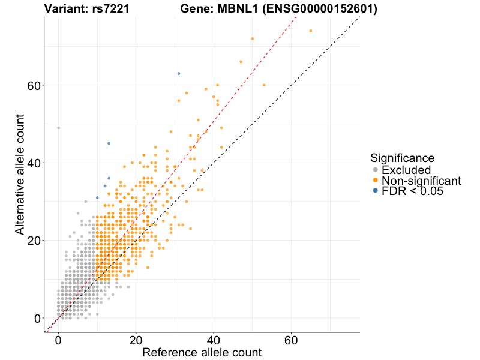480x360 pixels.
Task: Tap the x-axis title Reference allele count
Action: click(202, 352)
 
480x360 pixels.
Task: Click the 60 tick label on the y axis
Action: click(34, 85)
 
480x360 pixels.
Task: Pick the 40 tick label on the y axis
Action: click(34, 163)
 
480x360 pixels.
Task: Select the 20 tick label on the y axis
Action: click(34, 241)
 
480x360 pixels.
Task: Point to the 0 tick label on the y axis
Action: click(37, 318)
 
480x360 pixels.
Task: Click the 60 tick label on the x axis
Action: click(292, 339)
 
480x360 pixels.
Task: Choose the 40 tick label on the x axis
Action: click(214, 339)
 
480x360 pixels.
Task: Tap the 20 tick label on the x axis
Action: click(136, 339)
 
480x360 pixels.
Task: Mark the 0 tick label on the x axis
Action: click(58, 339)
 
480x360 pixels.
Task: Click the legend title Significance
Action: click(402, 158)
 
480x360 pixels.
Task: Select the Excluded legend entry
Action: click(406, 170)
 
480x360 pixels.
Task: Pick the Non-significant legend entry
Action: click(421, 181)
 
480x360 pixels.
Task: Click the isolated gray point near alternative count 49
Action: click(58, 128)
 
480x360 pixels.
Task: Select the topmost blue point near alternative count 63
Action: click(179, 73)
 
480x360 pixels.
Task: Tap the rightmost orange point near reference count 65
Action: click(311, 31)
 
